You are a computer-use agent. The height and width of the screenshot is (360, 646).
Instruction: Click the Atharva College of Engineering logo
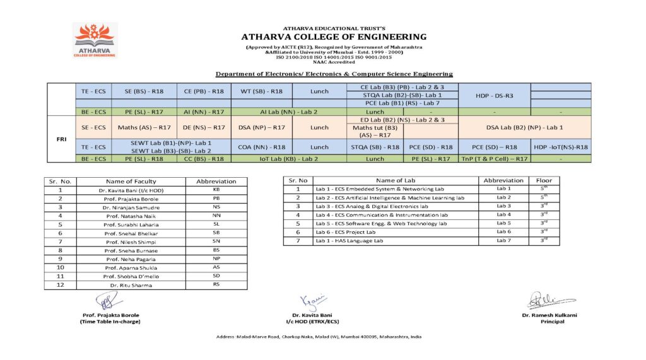[x=95, y=41]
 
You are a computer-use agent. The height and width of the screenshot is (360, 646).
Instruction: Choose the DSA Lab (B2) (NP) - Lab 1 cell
[x=525, y=127]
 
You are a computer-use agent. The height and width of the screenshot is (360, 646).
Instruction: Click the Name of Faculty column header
[x=131, y=181]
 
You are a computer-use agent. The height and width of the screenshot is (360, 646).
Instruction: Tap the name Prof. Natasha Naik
[x=130, y=216]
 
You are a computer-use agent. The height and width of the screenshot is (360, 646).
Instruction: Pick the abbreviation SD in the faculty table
[x=216, y=276]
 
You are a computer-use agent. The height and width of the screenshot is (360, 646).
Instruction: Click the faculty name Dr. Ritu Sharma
[x=130, y=285]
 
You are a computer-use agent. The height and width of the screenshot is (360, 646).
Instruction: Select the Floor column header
[x=543, y=180]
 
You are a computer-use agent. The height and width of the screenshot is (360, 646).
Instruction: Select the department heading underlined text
[x=334, y=74]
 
